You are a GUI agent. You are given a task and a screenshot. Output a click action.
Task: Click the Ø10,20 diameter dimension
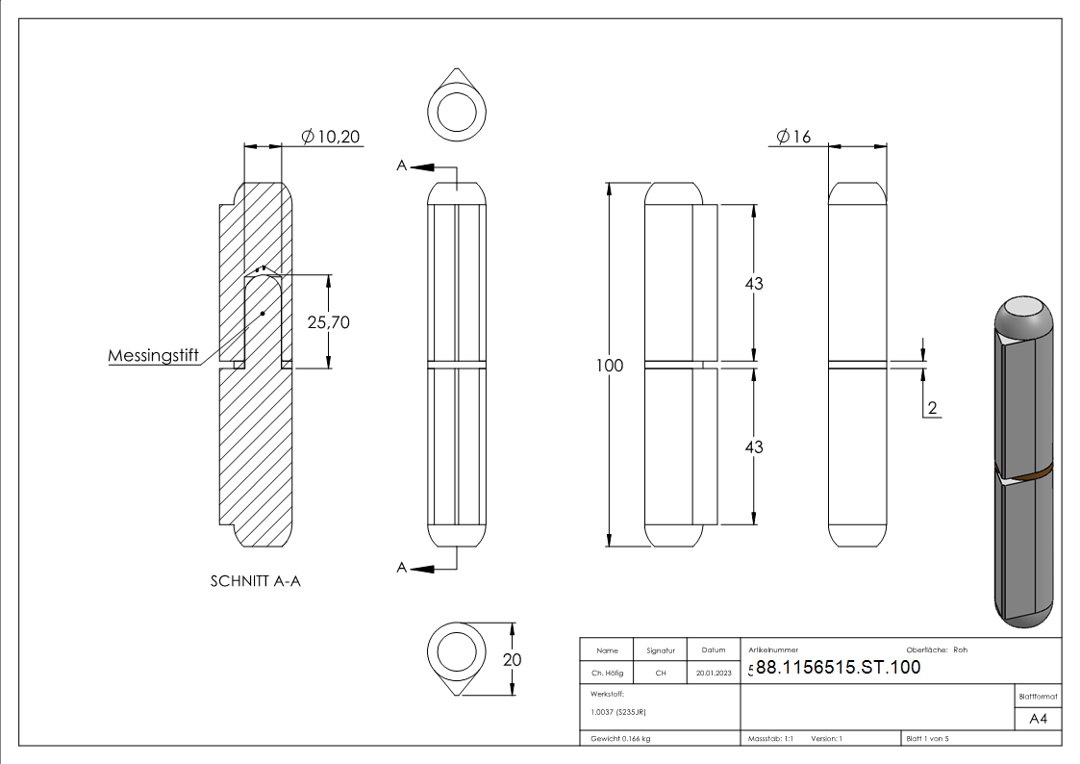[x=331, y=138]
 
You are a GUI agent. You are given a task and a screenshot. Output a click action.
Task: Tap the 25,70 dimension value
[x=328, y=322]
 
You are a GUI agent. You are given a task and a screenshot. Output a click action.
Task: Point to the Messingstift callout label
[x=153, y=356]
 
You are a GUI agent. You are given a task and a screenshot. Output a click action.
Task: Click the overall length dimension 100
[x=609, y=366]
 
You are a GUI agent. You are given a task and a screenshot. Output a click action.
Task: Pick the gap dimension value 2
[x=931, y=408]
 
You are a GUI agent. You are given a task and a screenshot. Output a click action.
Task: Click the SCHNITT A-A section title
[x=255, y=581]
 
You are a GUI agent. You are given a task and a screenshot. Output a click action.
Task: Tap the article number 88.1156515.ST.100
[x=838, y=668]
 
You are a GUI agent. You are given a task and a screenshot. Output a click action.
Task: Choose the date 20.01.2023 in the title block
[x=713, y=674]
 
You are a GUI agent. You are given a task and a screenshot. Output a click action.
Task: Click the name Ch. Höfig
[x=606, y=674]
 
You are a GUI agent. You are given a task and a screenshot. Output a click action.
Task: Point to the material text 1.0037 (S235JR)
[x=619, y=711]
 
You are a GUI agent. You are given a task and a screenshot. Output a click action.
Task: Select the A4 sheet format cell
[x=1039, y=719]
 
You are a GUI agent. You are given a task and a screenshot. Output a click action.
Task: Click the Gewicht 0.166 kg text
[x=620, y=738]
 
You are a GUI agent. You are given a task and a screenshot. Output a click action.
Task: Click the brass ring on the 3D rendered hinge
[x=1033, y=471]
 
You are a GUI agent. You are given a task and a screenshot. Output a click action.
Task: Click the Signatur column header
[x=661, y=649]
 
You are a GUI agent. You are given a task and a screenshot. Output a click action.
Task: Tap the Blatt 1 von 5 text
[x=927, y=738]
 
